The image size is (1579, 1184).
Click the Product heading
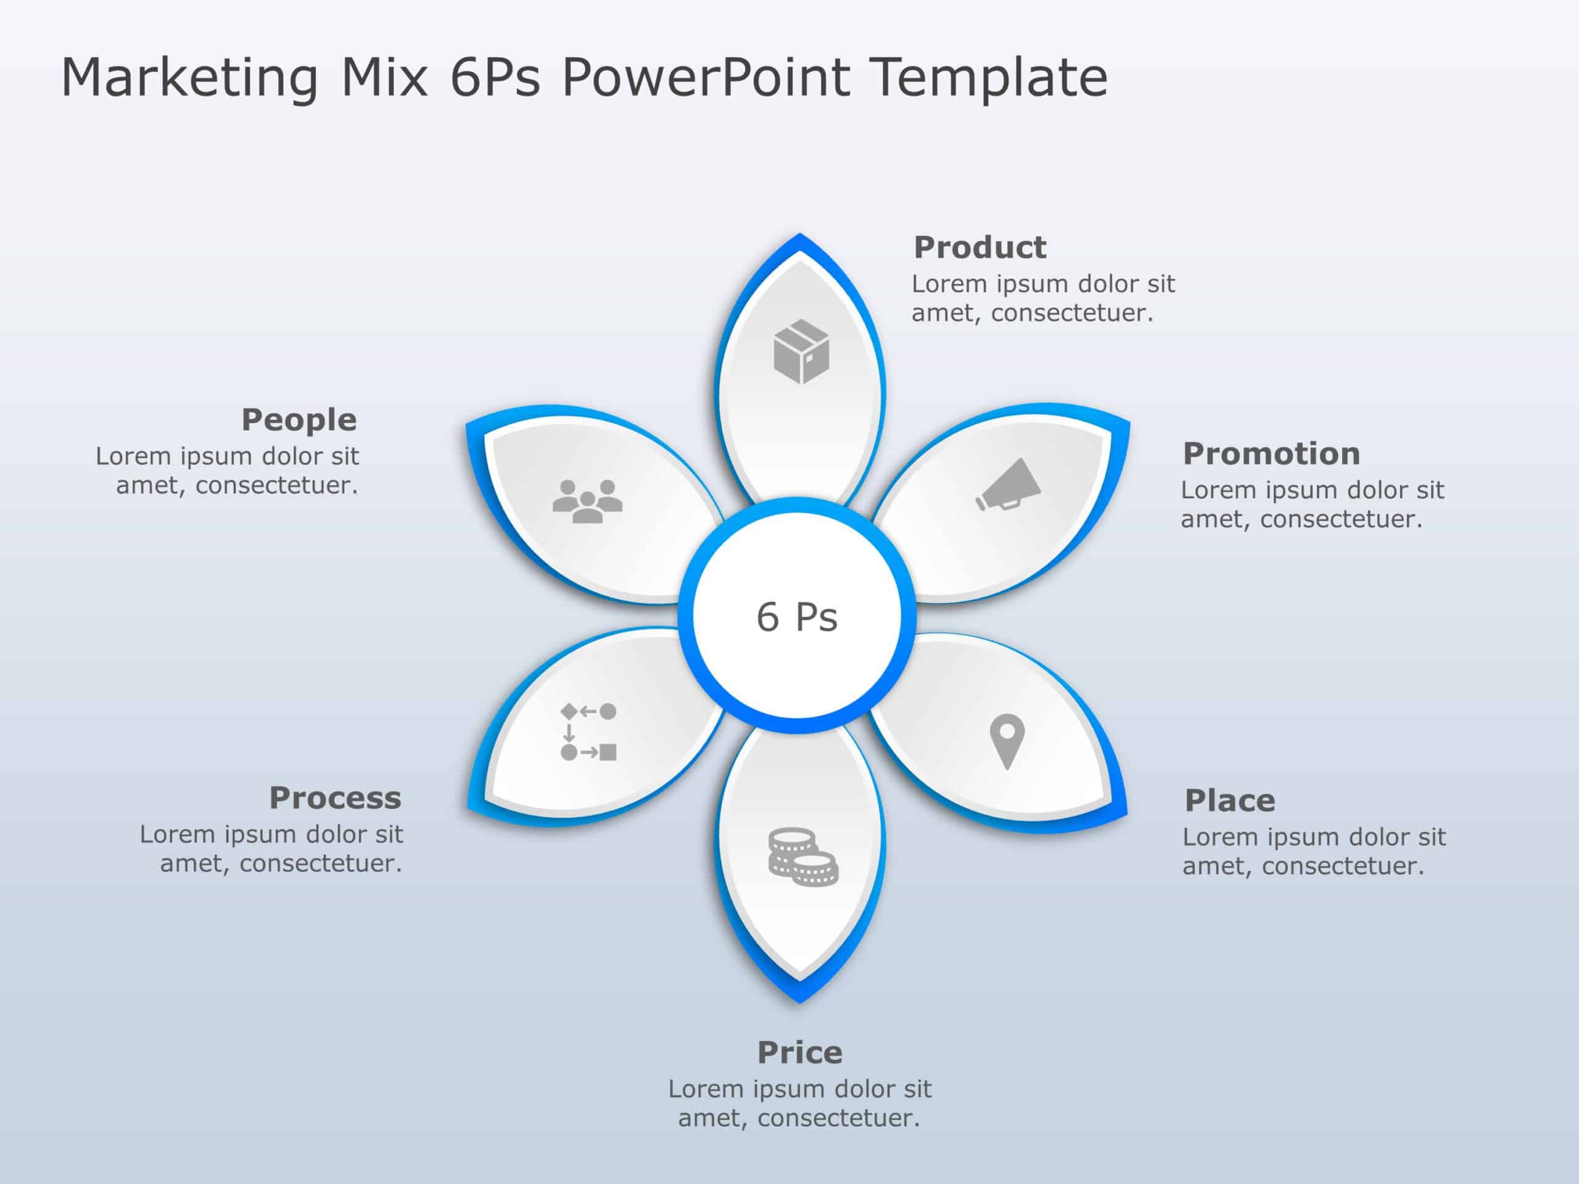pyautogui.click(x=979, y=248)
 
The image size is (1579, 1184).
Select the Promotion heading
pyautogui.click(x=1271, y=454)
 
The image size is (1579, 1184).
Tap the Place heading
pyautogui.click(x=1229, y=801)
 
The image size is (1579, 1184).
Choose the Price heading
pyautogui.click(x=799, y=1053)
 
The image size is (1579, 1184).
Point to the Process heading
pyautogui.click(x=335, y=798)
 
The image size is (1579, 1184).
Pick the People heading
pyautogui.click(x=299, y=420)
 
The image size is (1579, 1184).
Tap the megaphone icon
pyautogui.click(x=1008, y=485)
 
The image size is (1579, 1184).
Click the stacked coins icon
pyautogui.click(x=802, y=857)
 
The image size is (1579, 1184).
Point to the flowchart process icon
pyautogui.click(x=588, y=731)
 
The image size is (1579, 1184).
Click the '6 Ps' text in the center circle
pyautogui.click(x=797, y=617)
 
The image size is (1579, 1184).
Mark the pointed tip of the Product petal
pyautogui.click(x=799, y=236)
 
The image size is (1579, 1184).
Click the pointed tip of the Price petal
pyautogui.click(x=799, y=1001)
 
